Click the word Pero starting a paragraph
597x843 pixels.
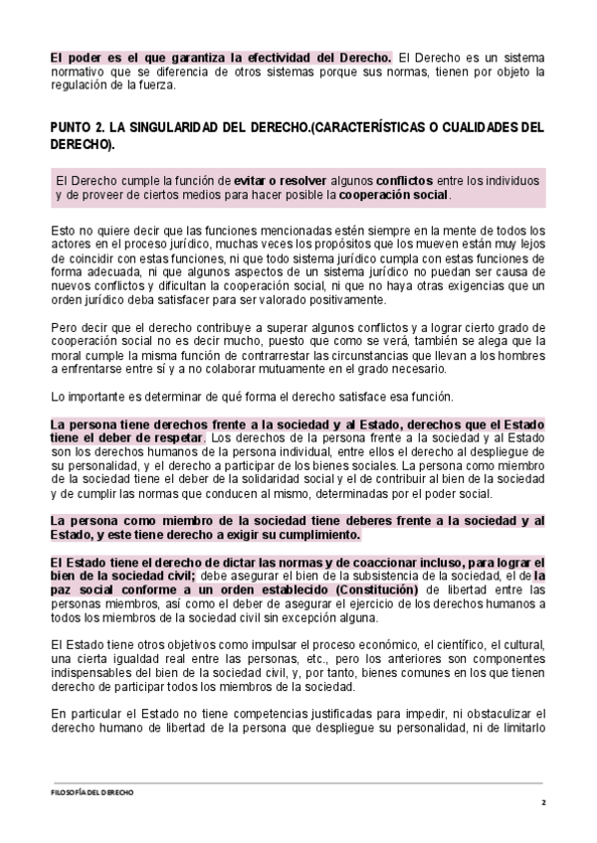[x=63, y=327]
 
